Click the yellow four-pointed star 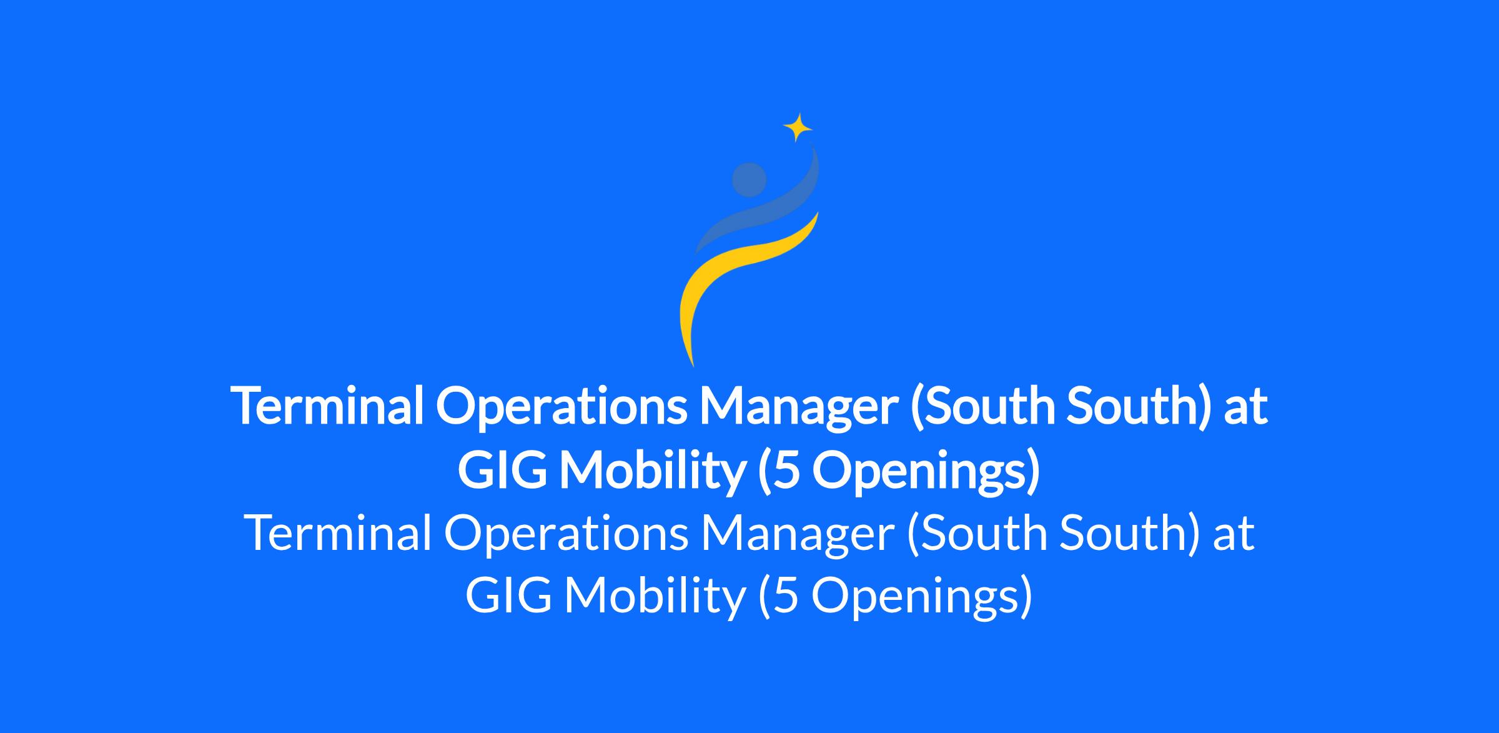tap(798, 128)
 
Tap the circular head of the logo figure tap(749, 180)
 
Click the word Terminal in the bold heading tap(328, 404)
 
